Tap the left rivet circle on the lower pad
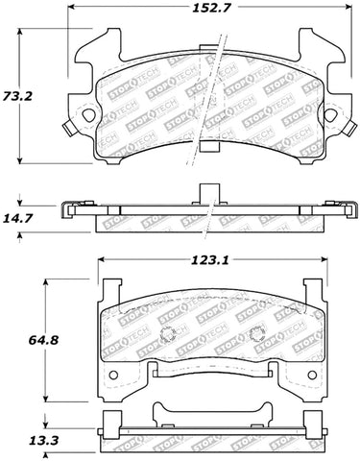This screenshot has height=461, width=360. (165, 336)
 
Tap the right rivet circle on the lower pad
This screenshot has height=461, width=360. (256, 336)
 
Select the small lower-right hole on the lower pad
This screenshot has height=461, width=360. (308, 373)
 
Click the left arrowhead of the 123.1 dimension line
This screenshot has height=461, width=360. (99, 261)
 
